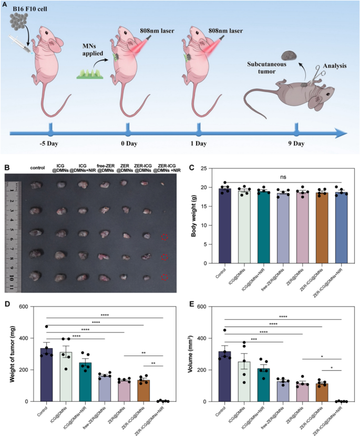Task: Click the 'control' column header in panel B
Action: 38,168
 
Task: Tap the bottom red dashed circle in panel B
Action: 164,277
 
